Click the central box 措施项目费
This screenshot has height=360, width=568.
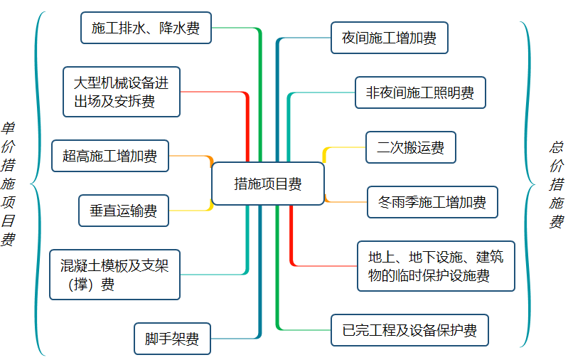(x=267, y=184)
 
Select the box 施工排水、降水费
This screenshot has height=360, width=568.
(x=146, y=28)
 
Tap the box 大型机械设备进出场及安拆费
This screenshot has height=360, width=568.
(x=122, y=92)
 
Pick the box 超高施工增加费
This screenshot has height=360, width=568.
(x=110, y=156)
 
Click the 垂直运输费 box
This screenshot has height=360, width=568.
(x=124, y=211)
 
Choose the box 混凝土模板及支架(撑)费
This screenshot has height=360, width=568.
(x=114, y=275)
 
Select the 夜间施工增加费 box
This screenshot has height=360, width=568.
(x=389, y=38)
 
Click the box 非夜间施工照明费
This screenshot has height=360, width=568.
(x=420, y=92)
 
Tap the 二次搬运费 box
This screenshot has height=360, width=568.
(x=410, y=147)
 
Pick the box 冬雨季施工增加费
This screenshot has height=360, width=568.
(x=432, y=202)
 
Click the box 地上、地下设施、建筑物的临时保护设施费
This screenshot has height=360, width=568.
(x=436, y=266)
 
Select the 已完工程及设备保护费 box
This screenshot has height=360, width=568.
(x=409, y=330)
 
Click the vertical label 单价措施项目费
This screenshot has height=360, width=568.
(x=9, y=184)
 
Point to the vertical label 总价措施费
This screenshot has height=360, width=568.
(x=556, y=184)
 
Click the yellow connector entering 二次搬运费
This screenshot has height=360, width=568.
(x=345, y=148)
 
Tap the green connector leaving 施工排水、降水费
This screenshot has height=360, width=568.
(x=235, y=28)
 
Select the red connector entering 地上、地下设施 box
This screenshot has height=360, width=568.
(x=323, y=266)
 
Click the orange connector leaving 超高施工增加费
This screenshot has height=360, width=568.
(x=191, y=157)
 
